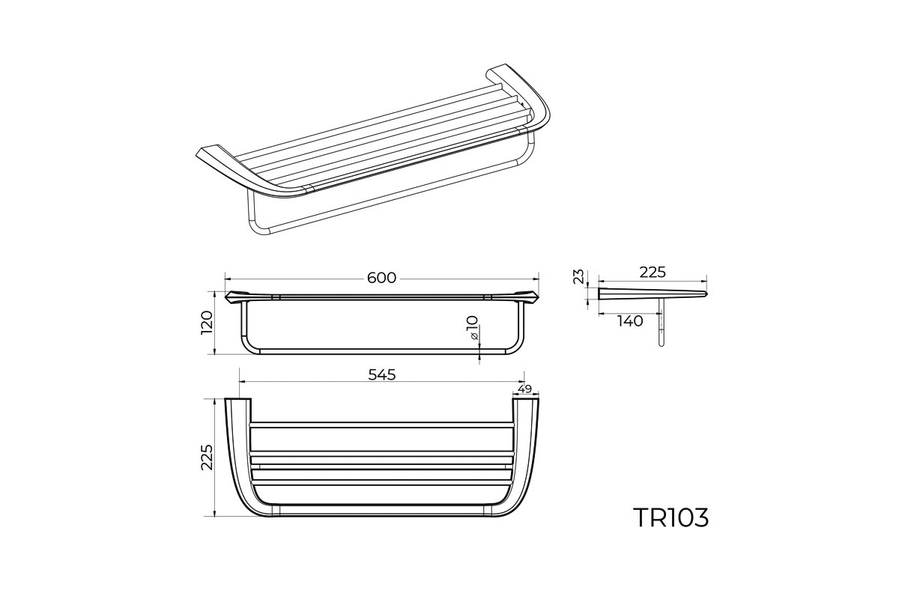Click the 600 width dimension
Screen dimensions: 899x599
[381, 278]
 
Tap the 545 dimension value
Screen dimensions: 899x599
[381, 374]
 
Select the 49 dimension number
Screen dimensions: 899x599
[524, 389]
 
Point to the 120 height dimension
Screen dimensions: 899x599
[207, 323]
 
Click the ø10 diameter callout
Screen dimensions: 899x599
[473, 327]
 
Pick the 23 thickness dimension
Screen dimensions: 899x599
[578, 277]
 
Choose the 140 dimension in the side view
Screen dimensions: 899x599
[630, 321]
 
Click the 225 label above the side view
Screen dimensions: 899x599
[653, 272]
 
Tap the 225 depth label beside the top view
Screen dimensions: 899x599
[207, 457]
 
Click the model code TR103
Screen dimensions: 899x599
[671, 517]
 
